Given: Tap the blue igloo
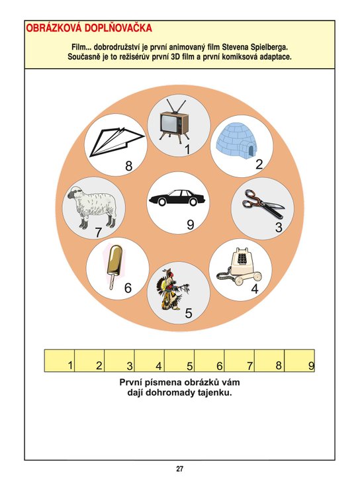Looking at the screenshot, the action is click(237, 142).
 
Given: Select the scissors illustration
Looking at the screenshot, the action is click(263, 204).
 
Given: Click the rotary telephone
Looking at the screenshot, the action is click(240, 266).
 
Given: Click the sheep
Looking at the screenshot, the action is click(92, 206).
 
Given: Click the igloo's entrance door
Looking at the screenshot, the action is click(251, 151).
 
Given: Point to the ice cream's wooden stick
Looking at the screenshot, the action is click(112, 282).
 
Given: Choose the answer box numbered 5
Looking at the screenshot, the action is click(179, 361).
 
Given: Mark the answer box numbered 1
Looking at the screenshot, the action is click(60, 361).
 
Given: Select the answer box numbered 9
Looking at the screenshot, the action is click(299, 361).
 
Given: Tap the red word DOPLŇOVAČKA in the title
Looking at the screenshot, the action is click(118, 28).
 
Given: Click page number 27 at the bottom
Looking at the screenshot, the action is click(180, 469).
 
